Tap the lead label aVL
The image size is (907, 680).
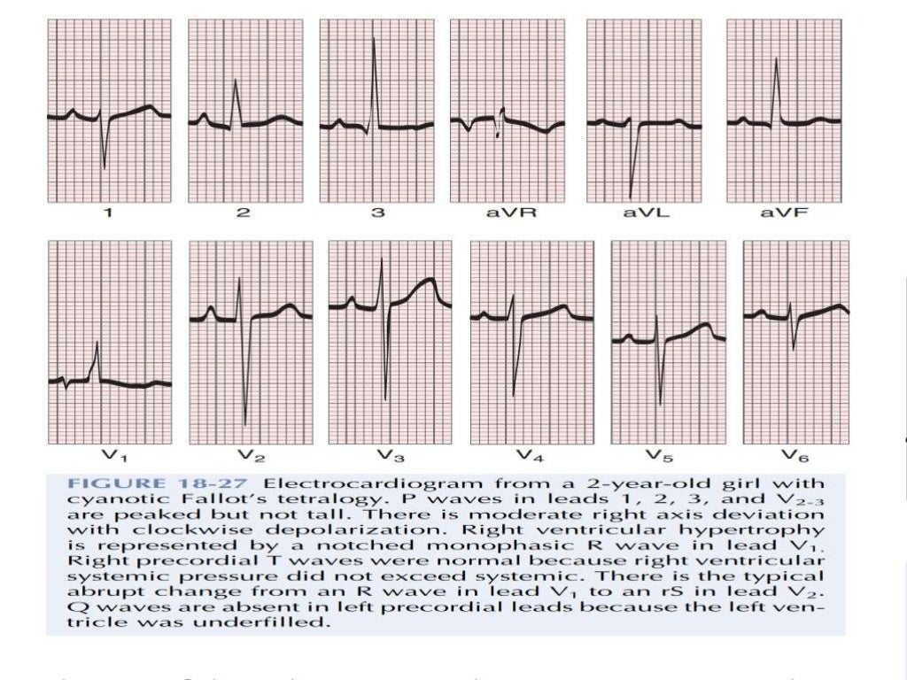coord(643,213)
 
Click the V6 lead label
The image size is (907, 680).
coord(794,455)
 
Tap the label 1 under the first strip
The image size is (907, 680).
coord(109,213)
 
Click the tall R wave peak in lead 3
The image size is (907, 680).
coord(375,39)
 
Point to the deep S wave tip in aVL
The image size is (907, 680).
coord(631,197)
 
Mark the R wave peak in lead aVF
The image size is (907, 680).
coord(777,59)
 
